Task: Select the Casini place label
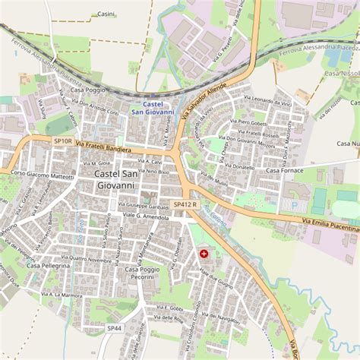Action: [106, 14]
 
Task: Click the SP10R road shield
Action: [62, 141]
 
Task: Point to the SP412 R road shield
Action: [185, 204]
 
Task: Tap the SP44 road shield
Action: [114, 327]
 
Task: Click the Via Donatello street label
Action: [238, 166]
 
